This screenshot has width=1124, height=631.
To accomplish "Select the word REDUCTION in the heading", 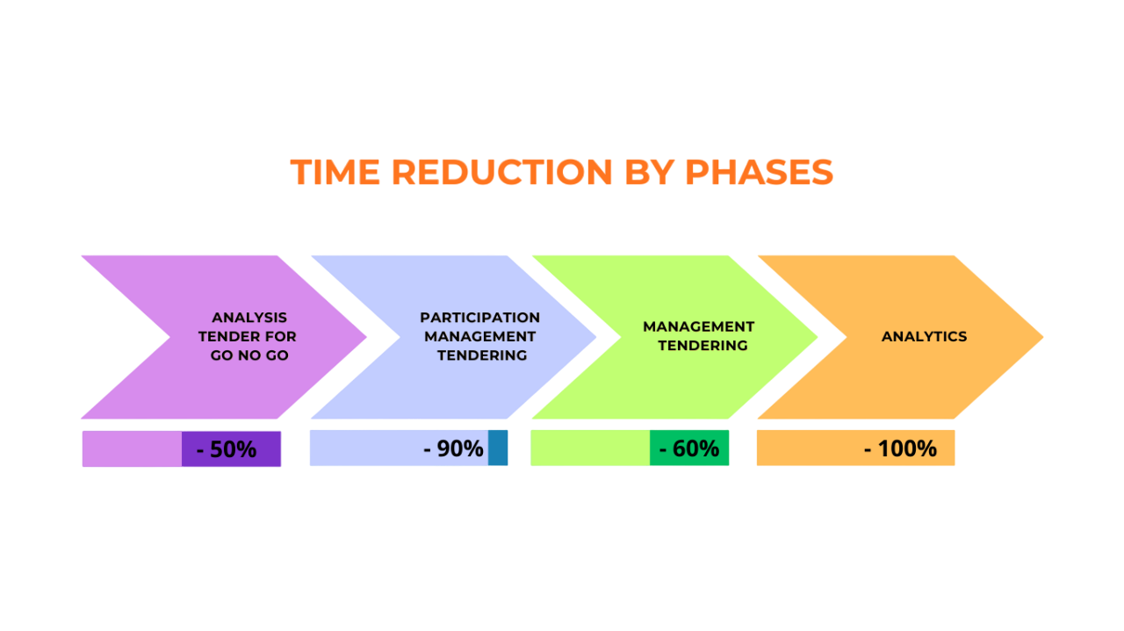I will click(x=501, y=172).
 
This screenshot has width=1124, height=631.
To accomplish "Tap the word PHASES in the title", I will click(x=759, y=172).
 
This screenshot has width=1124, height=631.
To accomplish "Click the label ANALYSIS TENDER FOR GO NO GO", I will click(x=249, y=336).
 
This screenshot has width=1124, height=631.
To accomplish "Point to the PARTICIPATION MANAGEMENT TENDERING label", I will click(x=480, y=336).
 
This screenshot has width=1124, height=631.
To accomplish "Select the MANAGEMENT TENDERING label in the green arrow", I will click(x=699, y=336).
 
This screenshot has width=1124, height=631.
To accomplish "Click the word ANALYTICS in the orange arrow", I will click(x=924, y=337).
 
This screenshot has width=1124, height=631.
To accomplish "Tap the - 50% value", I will click(x=227, y=449).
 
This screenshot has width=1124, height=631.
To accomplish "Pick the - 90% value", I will click(x=453, y=448).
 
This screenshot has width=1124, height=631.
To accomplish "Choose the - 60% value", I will click(x=689, y=448).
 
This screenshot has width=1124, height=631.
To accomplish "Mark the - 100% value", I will click(x=900, y=448).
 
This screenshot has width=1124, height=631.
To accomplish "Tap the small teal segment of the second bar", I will click(x=498, y=448).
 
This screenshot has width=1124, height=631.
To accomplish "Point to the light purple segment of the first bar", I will click(x=132, y=449).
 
